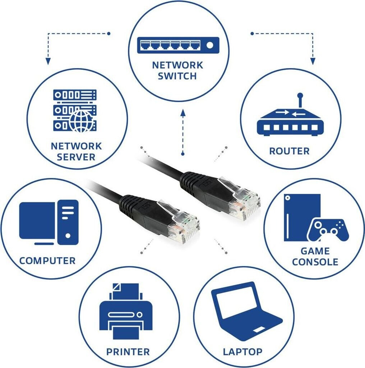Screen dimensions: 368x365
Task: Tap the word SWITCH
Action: pyautogui.click(x=177, y=76)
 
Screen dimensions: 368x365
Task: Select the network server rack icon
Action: pyautogui.click(x=74, y=110)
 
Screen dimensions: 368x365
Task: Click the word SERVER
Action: pyautogui.click(x=76, y=157)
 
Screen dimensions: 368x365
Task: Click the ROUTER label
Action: pyautogui.click(x=289, y=151)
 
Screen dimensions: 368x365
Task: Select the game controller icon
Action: pyautogui.click(x=328, y=230)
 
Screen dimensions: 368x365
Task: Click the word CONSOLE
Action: pyautogui.click(x=315, y=262)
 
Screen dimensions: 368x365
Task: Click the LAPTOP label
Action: pyautogui.click(x=243, y=351)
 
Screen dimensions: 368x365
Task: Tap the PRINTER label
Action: pyautogui.click(x=128, y=351)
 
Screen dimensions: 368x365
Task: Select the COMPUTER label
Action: pyautogui.click(x=47, y=261)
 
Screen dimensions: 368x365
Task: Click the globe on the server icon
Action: pyautogui.click(x=81, y=121)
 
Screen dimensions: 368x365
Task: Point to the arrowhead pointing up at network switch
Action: pyautogui.click(x=183, y=114)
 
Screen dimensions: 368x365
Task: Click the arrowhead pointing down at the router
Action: pyautogui.click(x=313, y=61)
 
